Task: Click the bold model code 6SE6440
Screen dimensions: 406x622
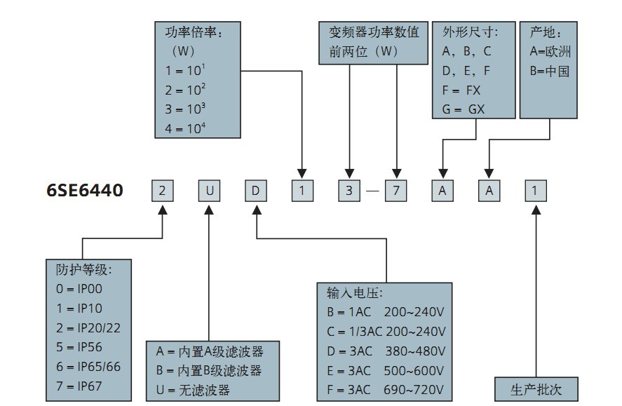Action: tap(85, 190)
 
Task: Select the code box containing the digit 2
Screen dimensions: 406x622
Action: tap(163, 191)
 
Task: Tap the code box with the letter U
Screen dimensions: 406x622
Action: tap(209, 191)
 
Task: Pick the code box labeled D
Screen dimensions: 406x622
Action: tap(256, 191)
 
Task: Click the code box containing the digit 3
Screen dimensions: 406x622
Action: tap(349, 191)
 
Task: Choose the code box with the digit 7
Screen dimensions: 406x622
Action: tap(395, 191)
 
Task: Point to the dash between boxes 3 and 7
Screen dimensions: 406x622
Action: tap(372, 191)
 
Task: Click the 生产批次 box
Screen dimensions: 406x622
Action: tap(536, 388)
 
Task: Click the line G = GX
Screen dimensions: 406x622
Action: tap(464, 109)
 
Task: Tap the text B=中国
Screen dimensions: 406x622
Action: tap(550, 71)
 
